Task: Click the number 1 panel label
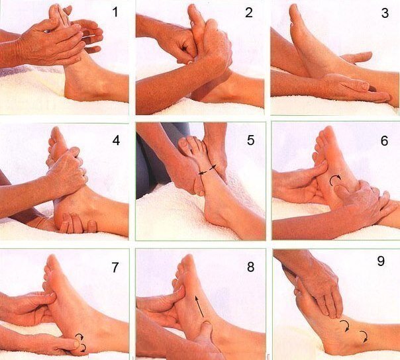115,12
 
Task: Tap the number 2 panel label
249,12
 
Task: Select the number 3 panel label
385,13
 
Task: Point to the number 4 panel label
116,140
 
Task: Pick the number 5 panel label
250,140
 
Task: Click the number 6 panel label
385,140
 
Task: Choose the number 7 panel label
115,267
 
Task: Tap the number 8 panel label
250,267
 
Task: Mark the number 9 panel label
381,261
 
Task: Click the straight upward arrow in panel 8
199,306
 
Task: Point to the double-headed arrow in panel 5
207,170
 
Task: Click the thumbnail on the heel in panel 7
77,344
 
